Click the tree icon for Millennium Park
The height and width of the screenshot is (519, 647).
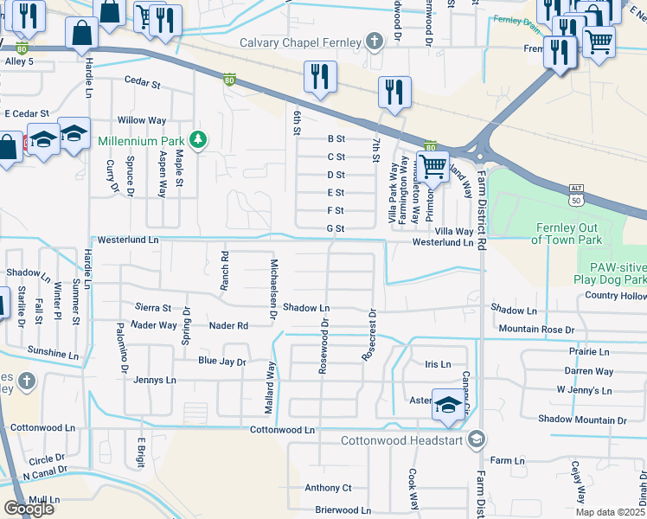click(199, 140)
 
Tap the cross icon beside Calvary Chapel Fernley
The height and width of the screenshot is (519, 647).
click(374, 41)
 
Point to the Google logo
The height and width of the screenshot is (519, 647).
click(29, 508)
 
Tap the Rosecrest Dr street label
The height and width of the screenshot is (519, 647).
click(371, 335)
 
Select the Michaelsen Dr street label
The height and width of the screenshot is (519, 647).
click(273, 290)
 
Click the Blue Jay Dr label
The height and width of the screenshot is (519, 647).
click(222, 362)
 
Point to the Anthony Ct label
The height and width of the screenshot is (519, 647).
click(328, 488)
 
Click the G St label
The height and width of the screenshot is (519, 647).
click(336, 228)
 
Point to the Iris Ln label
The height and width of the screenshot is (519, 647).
click(439, 364)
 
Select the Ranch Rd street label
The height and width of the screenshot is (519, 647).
click(223, 269)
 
